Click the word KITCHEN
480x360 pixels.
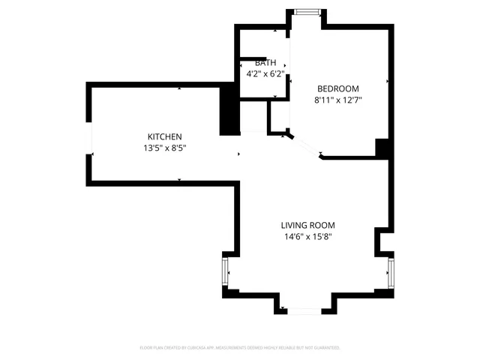click(164, 136)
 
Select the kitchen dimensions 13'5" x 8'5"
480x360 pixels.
click(164, 148)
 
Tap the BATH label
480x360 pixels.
click(265, 63)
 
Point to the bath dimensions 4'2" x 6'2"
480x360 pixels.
click(265, 74)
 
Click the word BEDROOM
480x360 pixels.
click(337, 88)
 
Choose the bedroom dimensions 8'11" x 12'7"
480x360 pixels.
click(337, 100)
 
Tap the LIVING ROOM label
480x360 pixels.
click(307, 225)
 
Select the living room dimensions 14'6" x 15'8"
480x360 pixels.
click(307, 237)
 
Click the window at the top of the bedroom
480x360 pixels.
click(306, 12)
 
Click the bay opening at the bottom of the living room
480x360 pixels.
click(304, 310)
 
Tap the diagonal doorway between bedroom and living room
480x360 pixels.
click(305, 145)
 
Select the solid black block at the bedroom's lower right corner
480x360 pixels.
click(383, 149)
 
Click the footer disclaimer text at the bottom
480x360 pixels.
click(240, 348)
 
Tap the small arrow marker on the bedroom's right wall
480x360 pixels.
click(387, 81)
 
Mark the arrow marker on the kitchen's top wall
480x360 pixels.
click(178, 88)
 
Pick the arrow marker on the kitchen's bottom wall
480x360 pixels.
click(178, 179)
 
